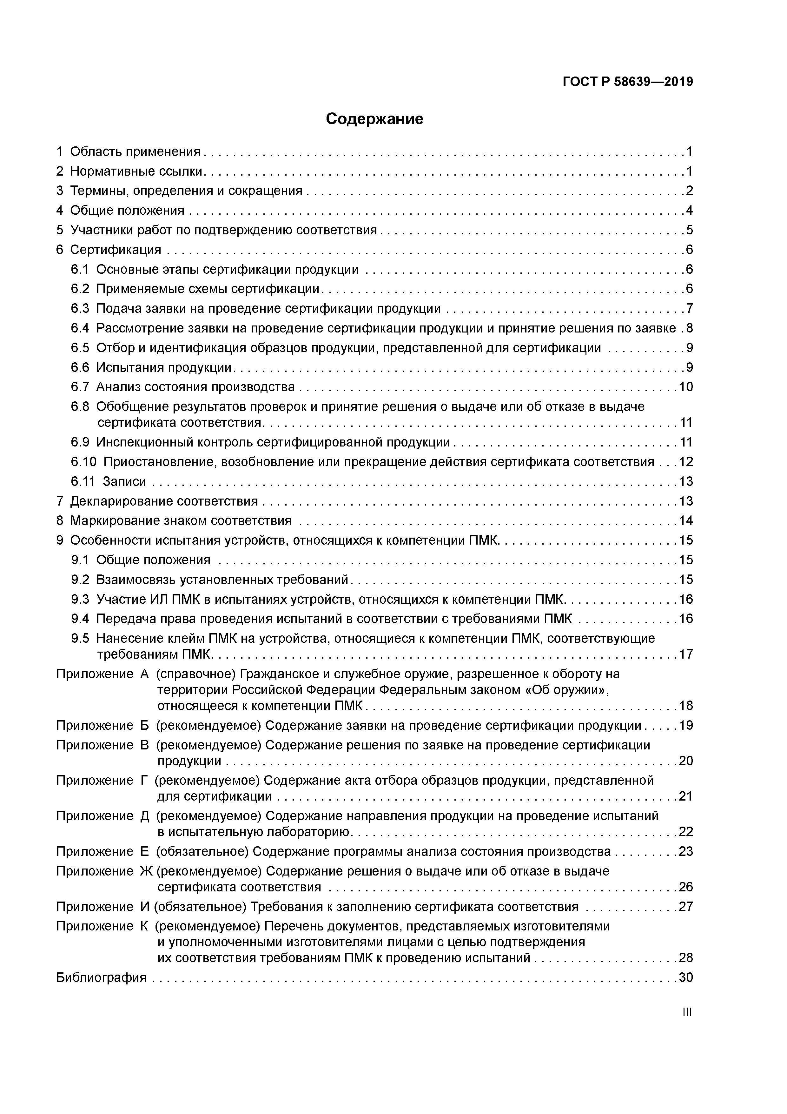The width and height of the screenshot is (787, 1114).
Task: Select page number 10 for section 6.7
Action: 686,387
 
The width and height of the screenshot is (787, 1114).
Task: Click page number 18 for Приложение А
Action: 686,706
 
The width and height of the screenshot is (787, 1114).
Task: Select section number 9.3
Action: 80,600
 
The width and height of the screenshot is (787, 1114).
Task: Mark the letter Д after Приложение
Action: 144,816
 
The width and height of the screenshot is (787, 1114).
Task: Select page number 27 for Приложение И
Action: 686,907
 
